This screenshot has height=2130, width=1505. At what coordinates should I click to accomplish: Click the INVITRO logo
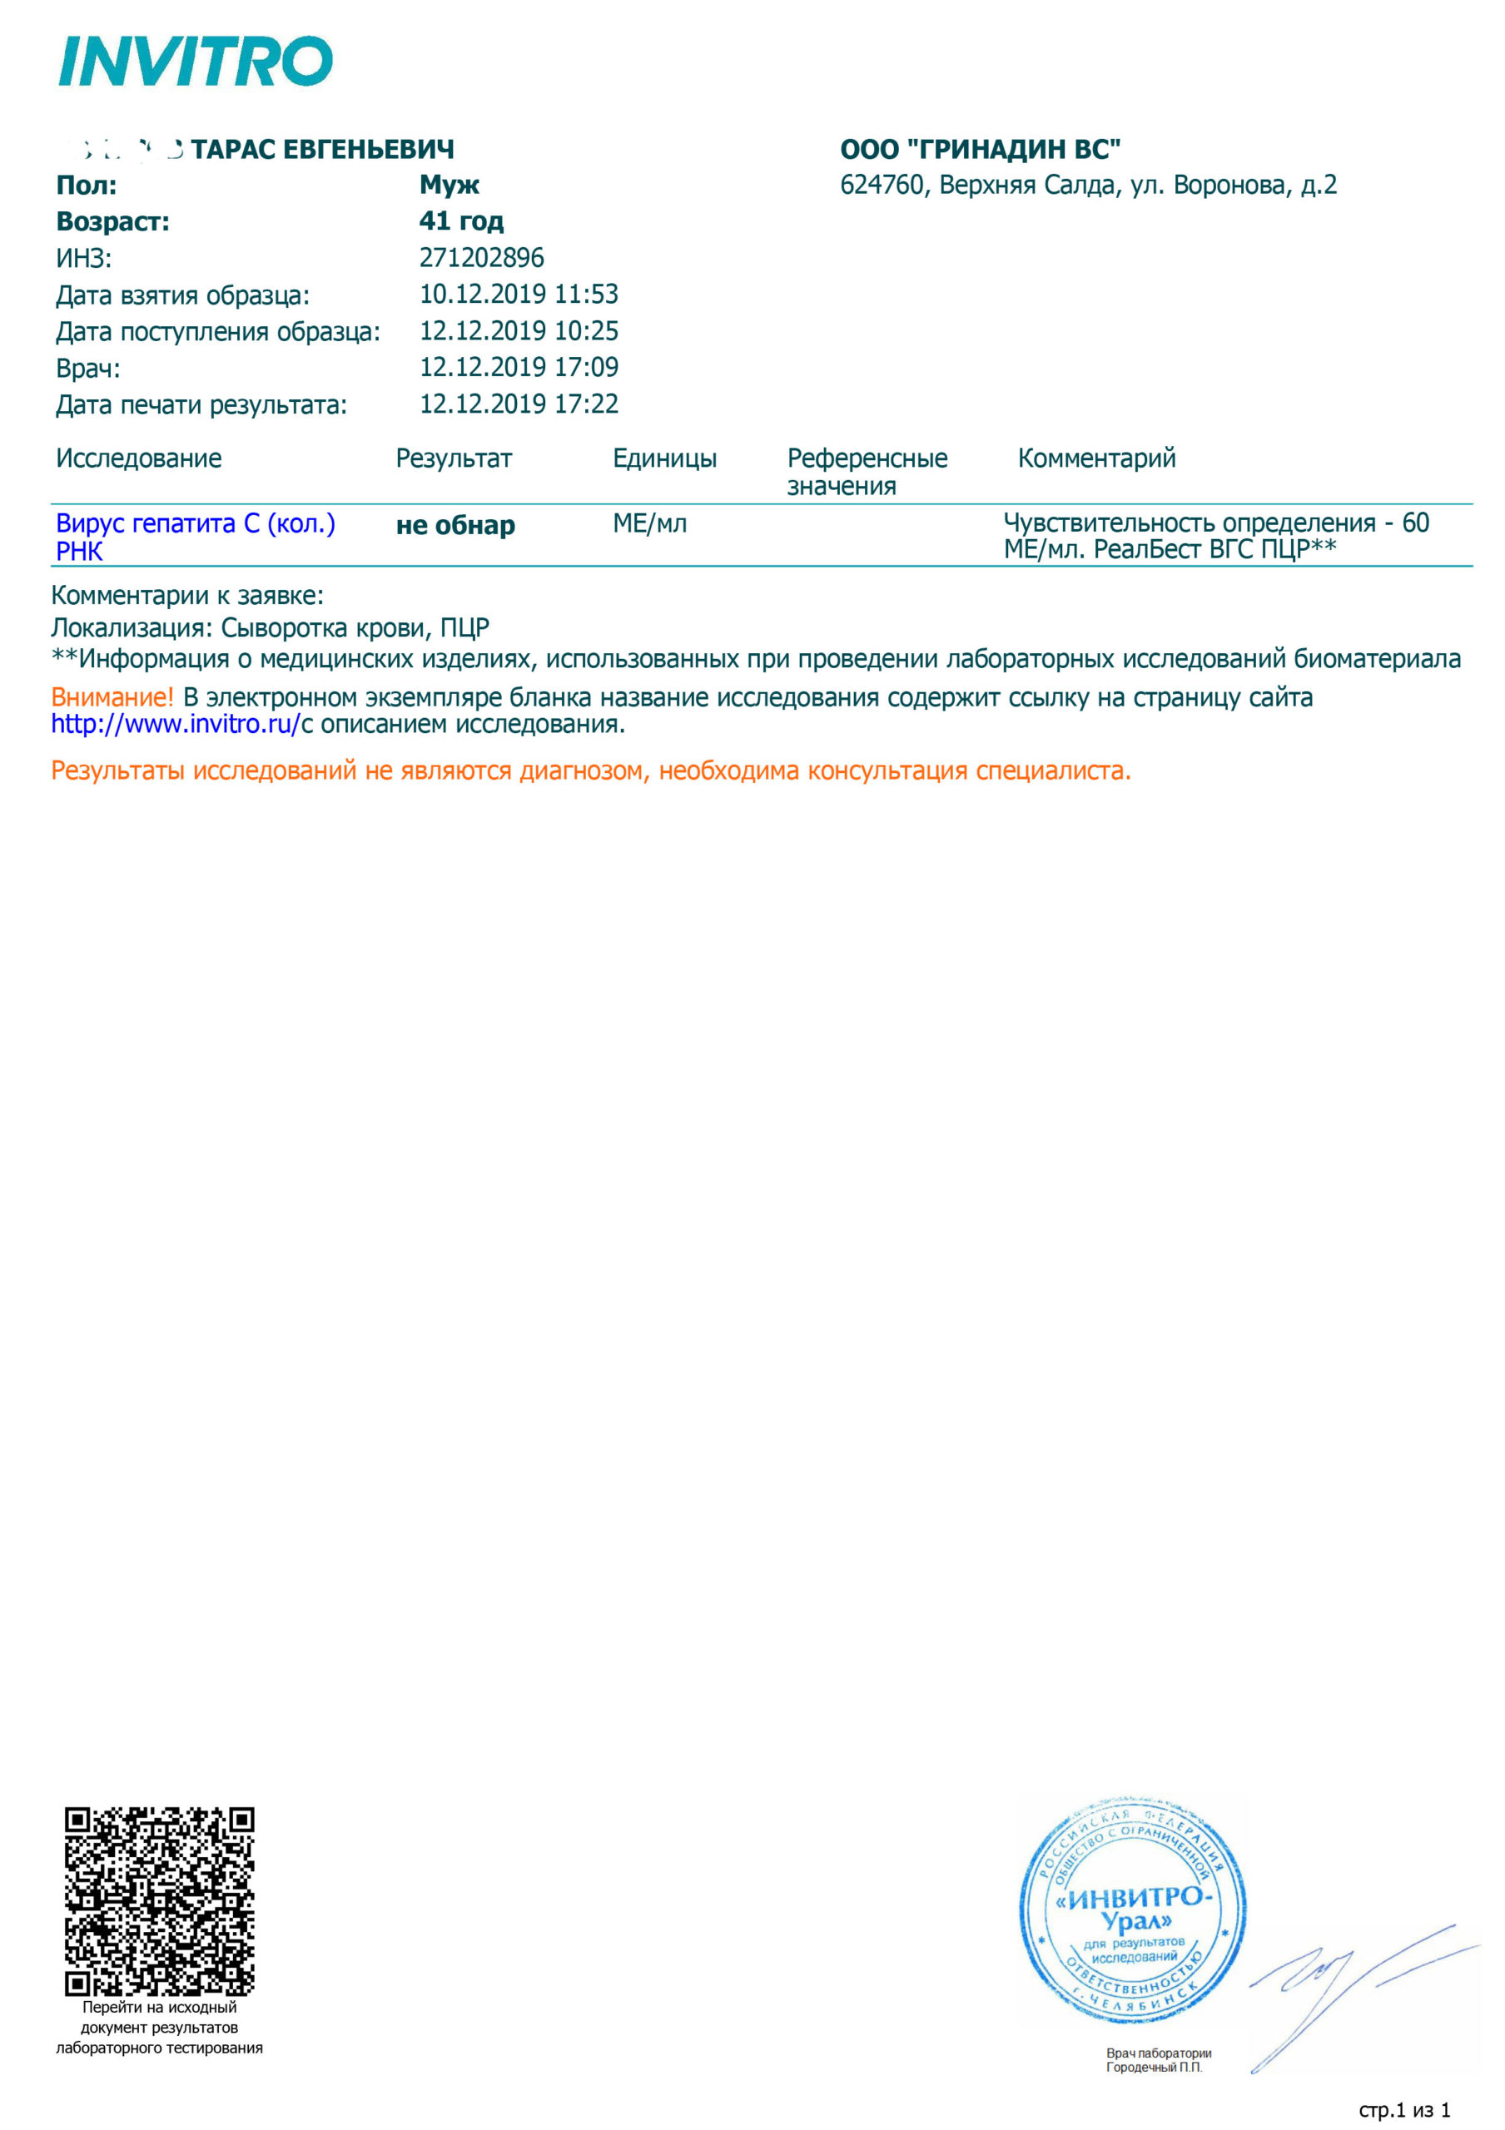195,62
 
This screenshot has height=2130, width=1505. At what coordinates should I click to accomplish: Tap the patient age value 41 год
461,220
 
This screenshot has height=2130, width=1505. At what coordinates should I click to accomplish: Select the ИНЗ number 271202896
482,258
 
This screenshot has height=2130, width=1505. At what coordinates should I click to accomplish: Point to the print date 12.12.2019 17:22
519,404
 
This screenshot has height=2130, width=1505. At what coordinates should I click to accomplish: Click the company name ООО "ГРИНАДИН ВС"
980,150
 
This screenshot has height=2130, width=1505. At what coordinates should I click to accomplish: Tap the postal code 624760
882,186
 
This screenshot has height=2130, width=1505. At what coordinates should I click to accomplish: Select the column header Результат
454,458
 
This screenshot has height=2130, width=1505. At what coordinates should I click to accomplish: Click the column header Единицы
664,458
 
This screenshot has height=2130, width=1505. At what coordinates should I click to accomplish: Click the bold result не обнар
455,525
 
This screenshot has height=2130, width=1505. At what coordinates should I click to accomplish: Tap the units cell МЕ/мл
649,524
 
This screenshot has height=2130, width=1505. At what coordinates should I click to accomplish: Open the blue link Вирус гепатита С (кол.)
196,524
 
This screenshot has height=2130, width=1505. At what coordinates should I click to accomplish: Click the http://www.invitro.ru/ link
176,725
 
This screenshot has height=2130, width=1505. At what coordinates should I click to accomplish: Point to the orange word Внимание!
112,696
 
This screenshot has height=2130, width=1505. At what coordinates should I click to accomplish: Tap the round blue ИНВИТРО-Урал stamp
1132,1912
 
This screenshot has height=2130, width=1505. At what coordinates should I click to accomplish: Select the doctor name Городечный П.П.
1154,2067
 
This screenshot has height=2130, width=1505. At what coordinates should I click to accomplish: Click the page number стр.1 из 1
1404,2111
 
